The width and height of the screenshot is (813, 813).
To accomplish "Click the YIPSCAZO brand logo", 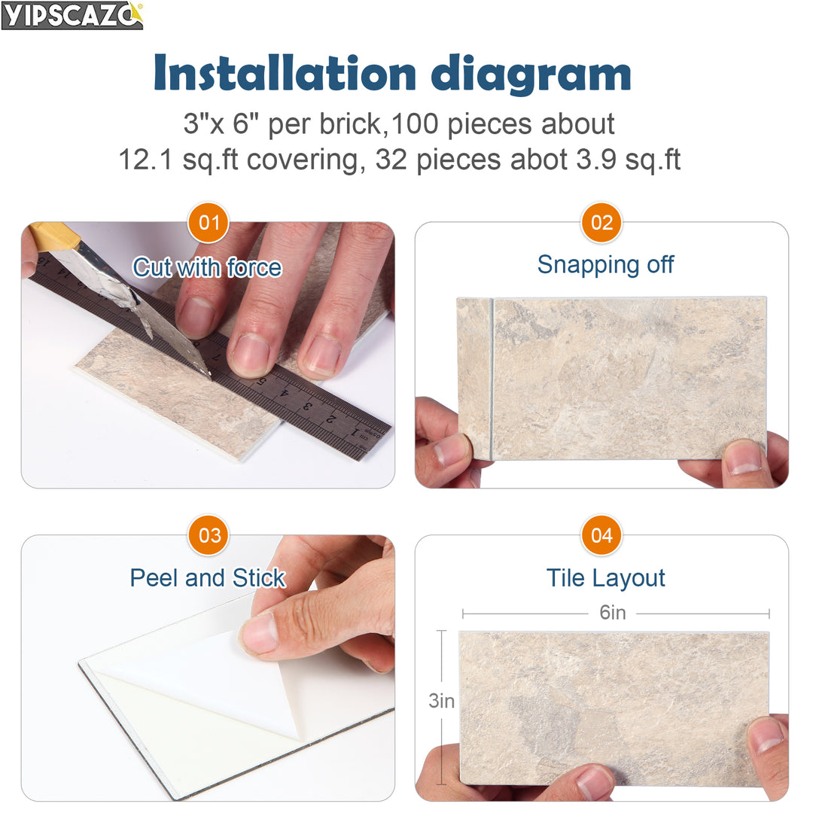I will [72, 15].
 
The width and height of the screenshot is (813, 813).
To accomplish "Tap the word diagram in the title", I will [531, 74].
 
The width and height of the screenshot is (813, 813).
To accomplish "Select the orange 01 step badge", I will [208, 223].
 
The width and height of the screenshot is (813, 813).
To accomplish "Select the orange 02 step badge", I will [601, 223].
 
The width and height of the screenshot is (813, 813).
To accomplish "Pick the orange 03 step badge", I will [208, 535].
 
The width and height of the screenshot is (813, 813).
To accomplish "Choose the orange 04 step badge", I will [601, 535].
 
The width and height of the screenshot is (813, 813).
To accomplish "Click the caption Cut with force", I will [207, 267].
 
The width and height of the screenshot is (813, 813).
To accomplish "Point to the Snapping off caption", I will [605, 265].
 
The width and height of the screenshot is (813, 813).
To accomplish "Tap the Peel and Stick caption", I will [207, 578].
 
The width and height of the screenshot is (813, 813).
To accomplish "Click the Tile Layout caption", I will [605, 578].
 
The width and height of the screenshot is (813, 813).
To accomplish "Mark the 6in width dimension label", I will [613, 613].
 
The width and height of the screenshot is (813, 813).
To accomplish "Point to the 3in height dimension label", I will [442, 701].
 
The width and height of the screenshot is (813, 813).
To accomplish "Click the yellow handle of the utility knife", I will [53, 237].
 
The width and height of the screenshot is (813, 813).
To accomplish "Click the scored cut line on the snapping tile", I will [492, 376].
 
